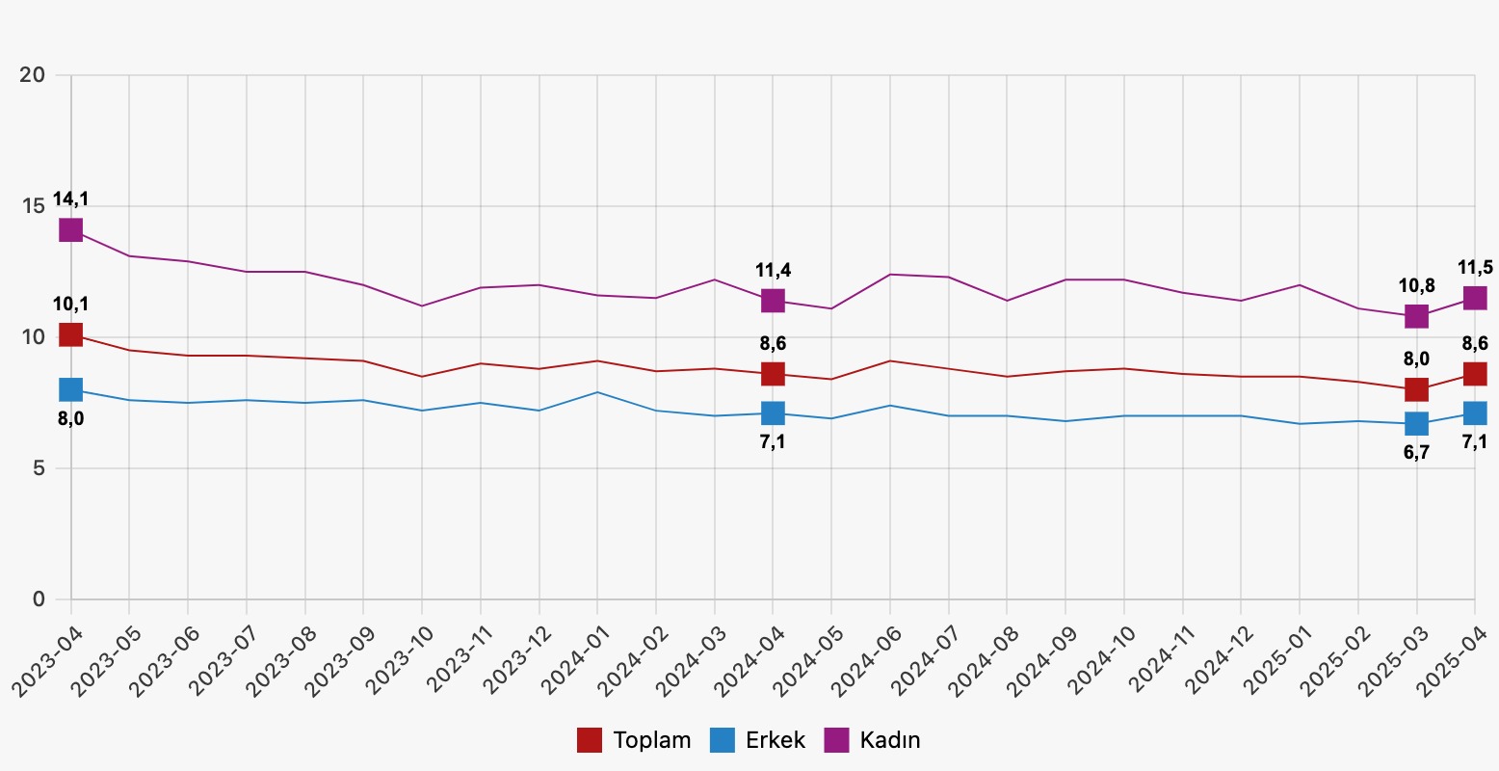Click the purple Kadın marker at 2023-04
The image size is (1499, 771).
70,230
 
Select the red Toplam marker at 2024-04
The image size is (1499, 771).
773,373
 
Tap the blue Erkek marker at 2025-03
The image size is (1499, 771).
1416,423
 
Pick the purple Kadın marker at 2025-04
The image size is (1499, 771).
1474,298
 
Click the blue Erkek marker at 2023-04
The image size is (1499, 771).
70,389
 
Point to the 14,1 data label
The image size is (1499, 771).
70,199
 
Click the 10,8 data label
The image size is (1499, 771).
1416,285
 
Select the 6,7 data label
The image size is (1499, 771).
1416,452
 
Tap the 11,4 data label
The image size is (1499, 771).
773,270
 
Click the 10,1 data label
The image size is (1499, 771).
70,305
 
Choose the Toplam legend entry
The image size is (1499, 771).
635,740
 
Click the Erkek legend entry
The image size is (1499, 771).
758,740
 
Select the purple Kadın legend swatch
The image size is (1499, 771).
836,740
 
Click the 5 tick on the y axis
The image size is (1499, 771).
39,468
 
